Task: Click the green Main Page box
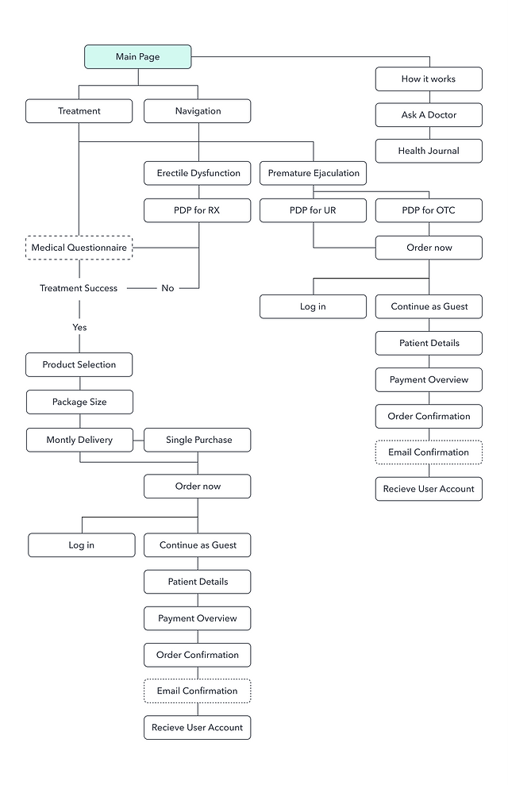[x=138, y=56]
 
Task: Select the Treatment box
[x=79, y=111]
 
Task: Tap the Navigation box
[x=197, y=111]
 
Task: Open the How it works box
[x=429, y=79]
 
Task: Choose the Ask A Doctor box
[x=429, y=115]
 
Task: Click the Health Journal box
[x=429, y=151]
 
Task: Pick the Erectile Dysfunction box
[x=197, y=173]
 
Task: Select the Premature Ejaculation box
[x=313, y=173]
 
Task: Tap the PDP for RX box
[x=197, y=210]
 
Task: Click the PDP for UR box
[x=313, y=210]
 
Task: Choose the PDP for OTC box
[x=429, y=210]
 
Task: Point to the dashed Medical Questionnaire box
[x=79, y=248]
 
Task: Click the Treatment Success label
[x=79, y=288]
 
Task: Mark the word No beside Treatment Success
[x=167, y=288]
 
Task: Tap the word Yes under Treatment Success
[x=79, y=327]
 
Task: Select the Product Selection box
[x=79, y=365]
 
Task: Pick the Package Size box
[x=79, y=402]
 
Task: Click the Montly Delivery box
[x=79, y=440]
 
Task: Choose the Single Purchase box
[x=197, y=440]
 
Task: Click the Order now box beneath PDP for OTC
[x=429, y=248]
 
